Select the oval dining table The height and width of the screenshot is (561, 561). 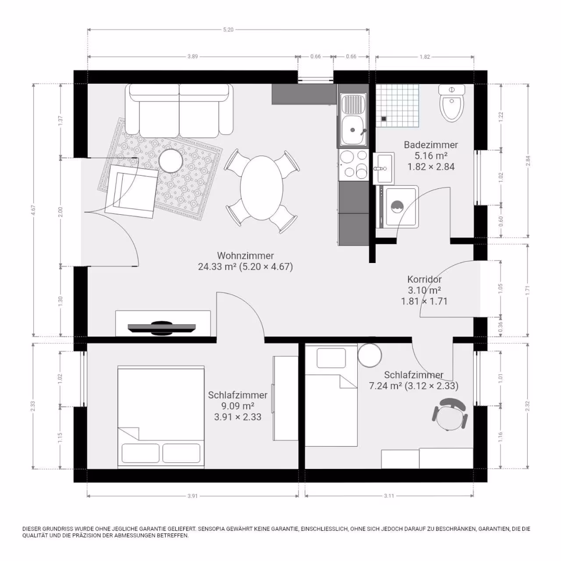[261, 188]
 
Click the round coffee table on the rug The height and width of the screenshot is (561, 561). [171, 161]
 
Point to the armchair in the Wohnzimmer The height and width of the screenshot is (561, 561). [131, 191]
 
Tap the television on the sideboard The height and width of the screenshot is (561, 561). [162, 328]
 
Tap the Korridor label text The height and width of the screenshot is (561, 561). [424, 280]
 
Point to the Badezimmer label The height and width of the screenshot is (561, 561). [431, 145]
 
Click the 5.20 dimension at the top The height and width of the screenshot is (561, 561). [228, 30]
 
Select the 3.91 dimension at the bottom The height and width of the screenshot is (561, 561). [193, 496]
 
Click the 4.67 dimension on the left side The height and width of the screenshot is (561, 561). [34, 210]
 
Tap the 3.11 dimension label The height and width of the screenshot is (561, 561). [389, 496]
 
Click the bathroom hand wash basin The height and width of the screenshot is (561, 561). [384, 168]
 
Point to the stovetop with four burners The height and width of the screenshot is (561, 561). [354, 164]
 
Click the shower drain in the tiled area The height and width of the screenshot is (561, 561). [383, 118]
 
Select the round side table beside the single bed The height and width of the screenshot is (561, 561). [369, 355]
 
